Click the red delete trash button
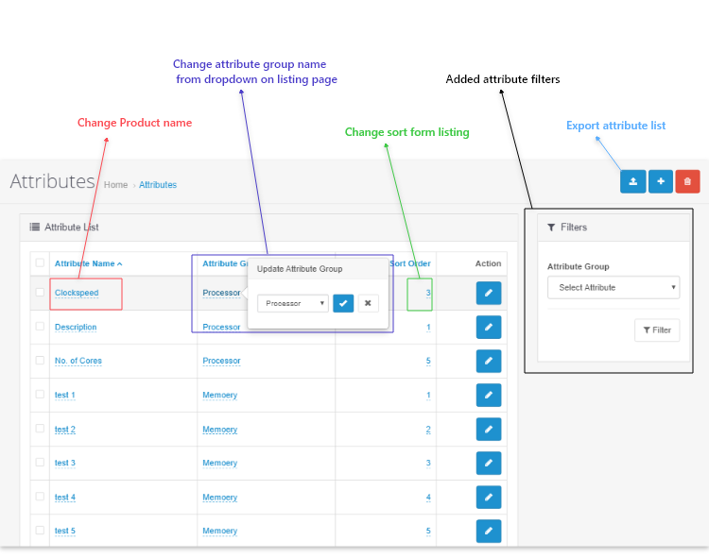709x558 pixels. click(687, 181)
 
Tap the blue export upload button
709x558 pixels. click(633, 181)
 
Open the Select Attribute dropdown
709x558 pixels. click(614, 288)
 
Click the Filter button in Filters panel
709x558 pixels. click(657, 330)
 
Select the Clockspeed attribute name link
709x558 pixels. click(77, 293)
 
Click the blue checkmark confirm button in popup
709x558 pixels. click(343, 303)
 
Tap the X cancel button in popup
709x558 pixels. click(368, 303)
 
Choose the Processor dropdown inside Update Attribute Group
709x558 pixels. click(293, 303)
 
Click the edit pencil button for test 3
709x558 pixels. click(489, 464)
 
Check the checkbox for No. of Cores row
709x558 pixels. click(40, 361)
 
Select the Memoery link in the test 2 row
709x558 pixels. click(219, 430)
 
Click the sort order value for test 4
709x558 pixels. click(428, 498)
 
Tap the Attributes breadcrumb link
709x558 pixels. click(158, 185)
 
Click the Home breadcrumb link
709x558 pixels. click(115, 185)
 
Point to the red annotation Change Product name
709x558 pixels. click(135, 123)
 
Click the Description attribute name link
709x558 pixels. click(76, 327)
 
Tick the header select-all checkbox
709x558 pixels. click(40, 262)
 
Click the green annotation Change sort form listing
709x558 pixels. click(406, 132)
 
